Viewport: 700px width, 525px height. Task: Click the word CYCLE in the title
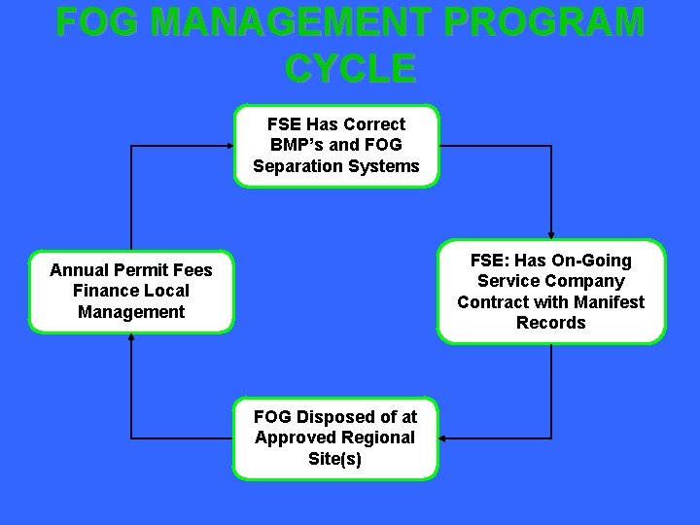[351, 67]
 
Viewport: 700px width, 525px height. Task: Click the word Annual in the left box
[81, 270]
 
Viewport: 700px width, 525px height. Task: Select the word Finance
[105, 291]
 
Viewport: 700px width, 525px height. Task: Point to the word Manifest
[608, 301]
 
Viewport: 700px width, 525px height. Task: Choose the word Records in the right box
[550, 323]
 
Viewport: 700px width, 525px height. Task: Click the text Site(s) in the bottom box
[335, 458]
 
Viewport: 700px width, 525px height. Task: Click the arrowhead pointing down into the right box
[551, 236]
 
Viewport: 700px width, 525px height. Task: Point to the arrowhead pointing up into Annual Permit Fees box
[131, 337]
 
